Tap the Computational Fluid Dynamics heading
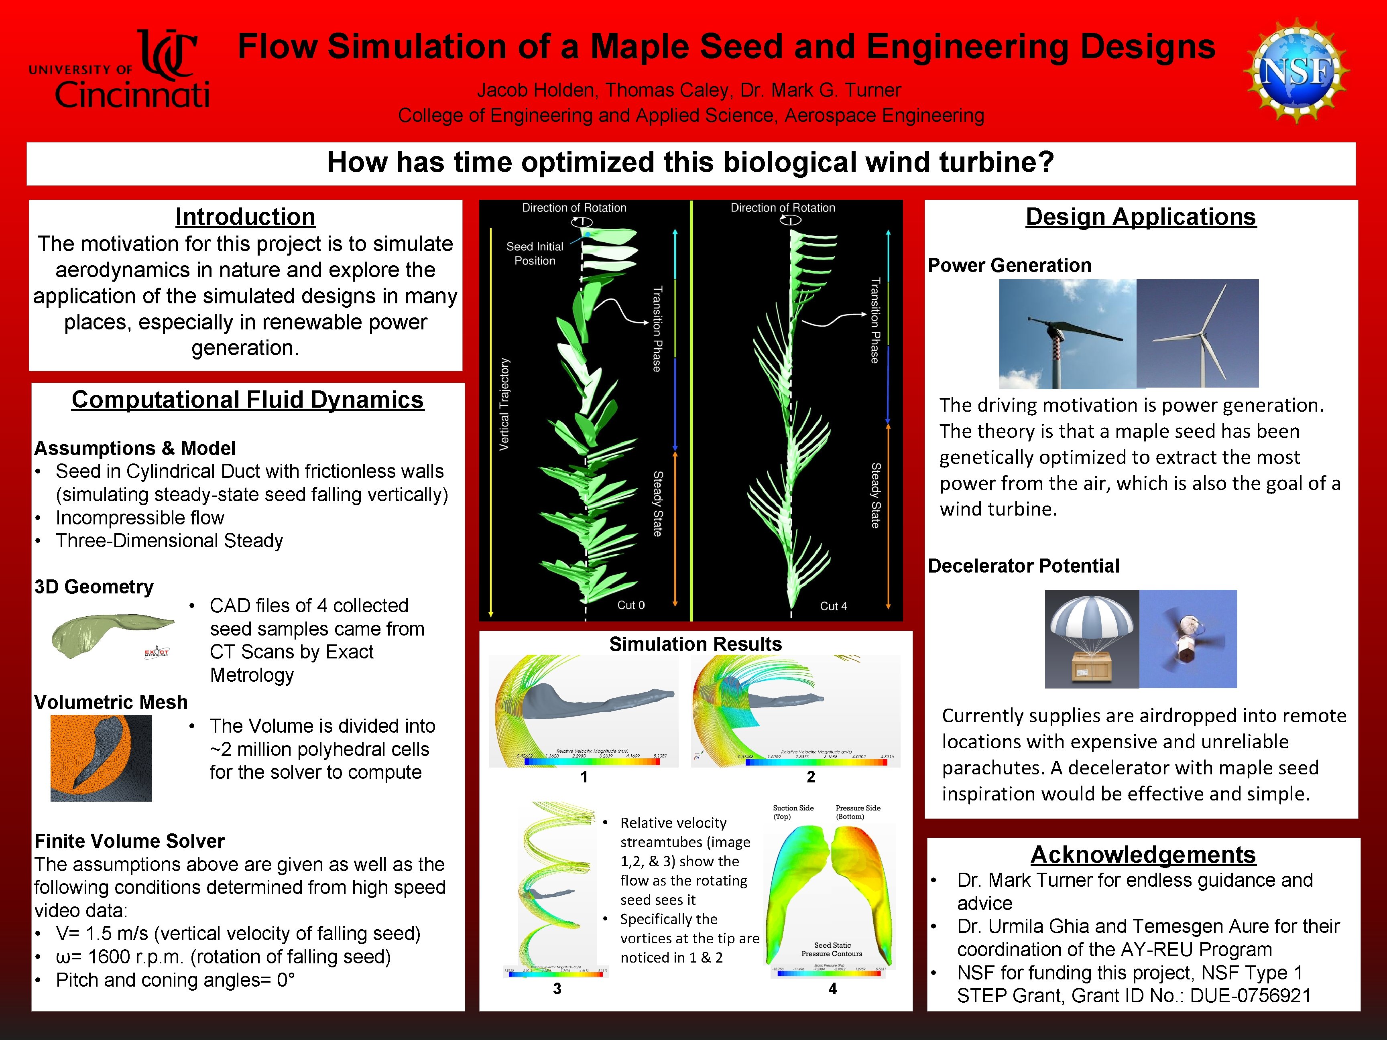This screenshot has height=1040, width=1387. point(248,399)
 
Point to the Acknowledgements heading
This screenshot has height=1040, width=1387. point(1143,855)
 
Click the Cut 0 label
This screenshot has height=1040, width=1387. point(631,605)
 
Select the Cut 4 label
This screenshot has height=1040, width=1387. point(833,606)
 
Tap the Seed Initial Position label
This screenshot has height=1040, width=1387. point(535,253)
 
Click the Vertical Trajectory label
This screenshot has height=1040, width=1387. point(504,404)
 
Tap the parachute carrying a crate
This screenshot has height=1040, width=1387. point(1092,639)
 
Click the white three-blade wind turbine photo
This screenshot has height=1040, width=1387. point(1197,333)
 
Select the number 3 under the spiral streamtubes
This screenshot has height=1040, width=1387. point(557,989)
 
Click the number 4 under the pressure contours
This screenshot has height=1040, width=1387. point(833,989)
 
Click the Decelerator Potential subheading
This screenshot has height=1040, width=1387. point(1023,566)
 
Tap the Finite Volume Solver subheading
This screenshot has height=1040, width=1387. point(129,841)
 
